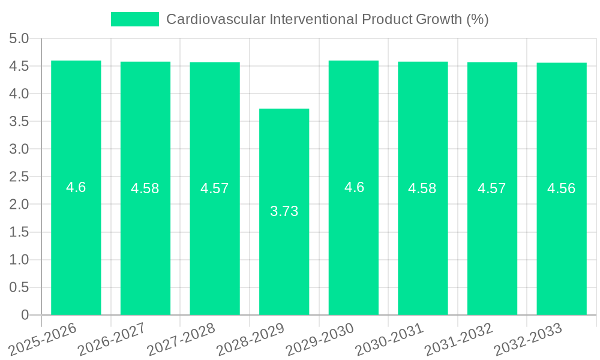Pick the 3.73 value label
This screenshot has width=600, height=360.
(x=284, y=211)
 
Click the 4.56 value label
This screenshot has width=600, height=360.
(x=562, y=188)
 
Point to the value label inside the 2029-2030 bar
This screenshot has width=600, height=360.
(x=354, y=187)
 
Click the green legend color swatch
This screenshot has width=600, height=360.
(x=135, y=19)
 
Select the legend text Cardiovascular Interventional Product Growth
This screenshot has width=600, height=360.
(x=327, y=19)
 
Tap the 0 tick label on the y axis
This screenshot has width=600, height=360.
(x=25, y=315)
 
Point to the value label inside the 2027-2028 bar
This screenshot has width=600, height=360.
(x=215, y=188)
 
